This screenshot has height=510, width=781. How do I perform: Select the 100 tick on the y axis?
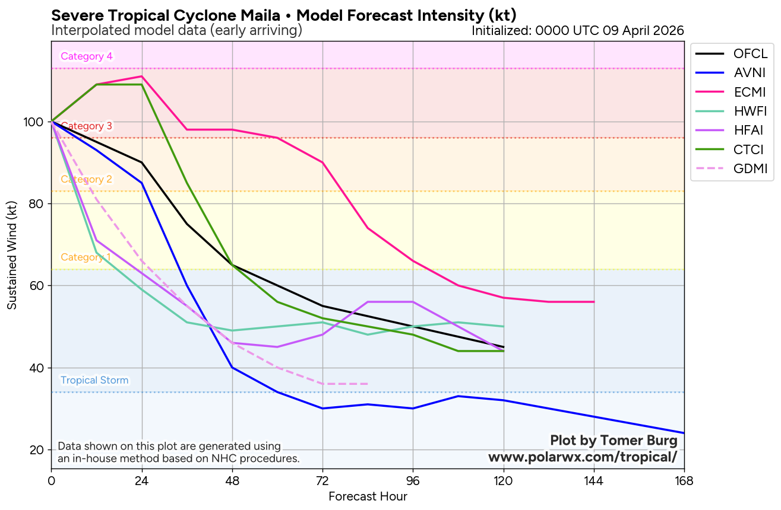click(37, 122)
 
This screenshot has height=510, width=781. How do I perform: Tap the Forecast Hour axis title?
click(368, 496)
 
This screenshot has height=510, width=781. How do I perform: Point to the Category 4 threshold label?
click(87, 56)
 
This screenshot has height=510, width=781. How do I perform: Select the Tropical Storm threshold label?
click(94, 380)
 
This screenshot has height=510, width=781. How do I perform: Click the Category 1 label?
click(86, 257)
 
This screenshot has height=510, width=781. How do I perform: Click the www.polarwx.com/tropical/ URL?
click(583, 457)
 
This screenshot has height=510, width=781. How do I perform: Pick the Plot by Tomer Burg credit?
click(614, 441)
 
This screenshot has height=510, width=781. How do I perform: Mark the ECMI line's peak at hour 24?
click(142, 76)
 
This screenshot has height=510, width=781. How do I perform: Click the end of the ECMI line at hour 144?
click(594, 302)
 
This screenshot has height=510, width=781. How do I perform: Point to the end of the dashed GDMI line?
click(368, 384)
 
